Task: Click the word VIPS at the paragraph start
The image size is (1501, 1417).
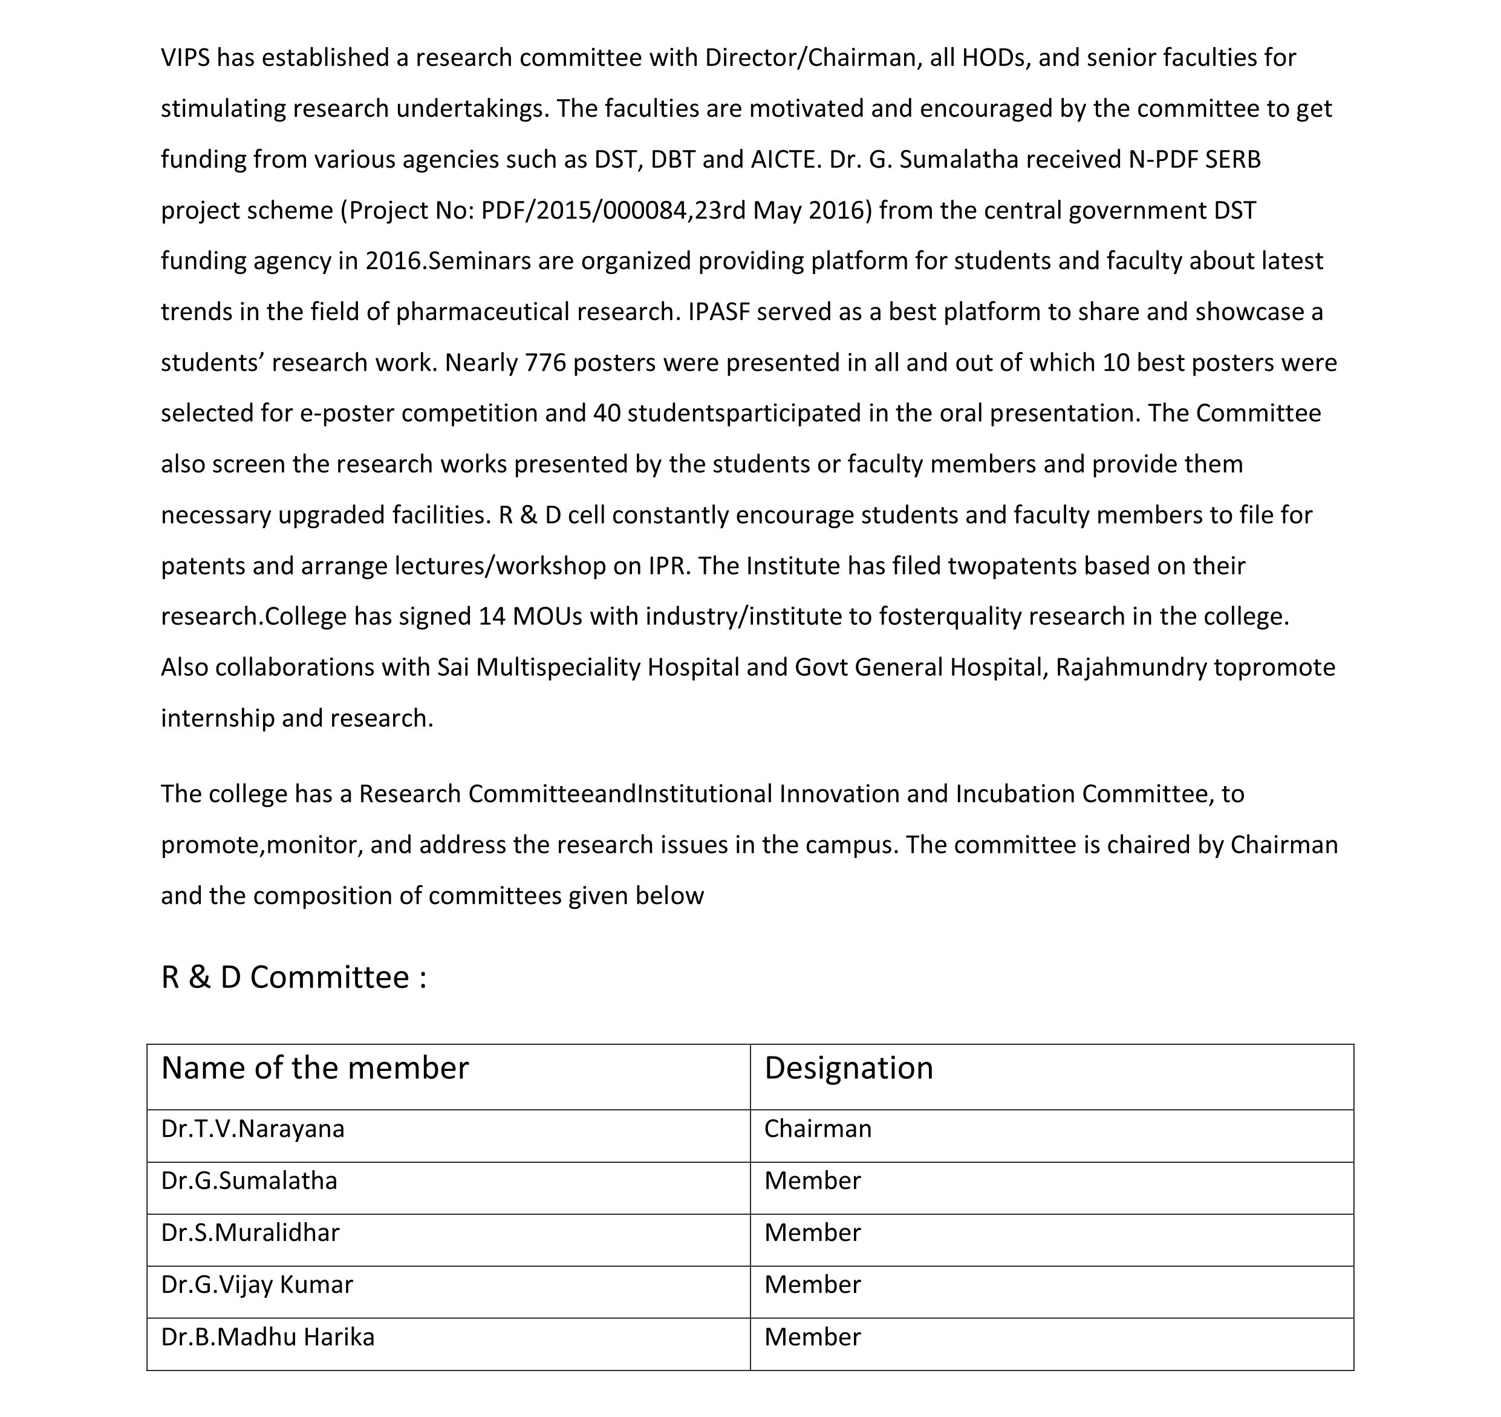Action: pos(185,58)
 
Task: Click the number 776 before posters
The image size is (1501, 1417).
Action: pos(545,362)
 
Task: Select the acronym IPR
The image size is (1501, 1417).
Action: pos(669,566)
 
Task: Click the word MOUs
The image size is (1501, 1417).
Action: pos(547,617)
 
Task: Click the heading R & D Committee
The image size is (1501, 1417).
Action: pos(294,977)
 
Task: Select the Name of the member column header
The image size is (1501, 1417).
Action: pos(315,1068)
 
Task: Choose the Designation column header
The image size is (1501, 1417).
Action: pos(848,1068)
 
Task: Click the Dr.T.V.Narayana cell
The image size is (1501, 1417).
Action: pos(253,1128)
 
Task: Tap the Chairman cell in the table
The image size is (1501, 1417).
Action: pos(818,1128)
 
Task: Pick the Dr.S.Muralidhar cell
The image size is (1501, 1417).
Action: pos(250,1232)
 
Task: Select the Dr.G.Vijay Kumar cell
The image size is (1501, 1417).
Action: pos(256,1285)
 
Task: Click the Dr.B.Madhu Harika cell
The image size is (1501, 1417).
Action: pos(267,1337)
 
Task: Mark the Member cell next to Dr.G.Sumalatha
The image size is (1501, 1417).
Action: pos(812,1180)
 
